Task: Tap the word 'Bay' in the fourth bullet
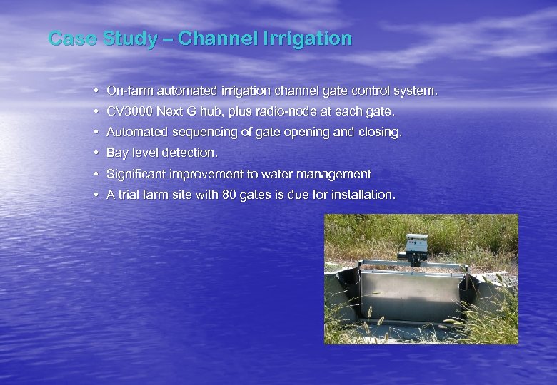117,153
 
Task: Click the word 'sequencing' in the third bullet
197,133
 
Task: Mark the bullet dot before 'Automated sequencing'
95,133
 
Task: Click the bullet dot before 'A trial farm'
95,195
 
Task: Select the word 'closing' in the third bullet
382,133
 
